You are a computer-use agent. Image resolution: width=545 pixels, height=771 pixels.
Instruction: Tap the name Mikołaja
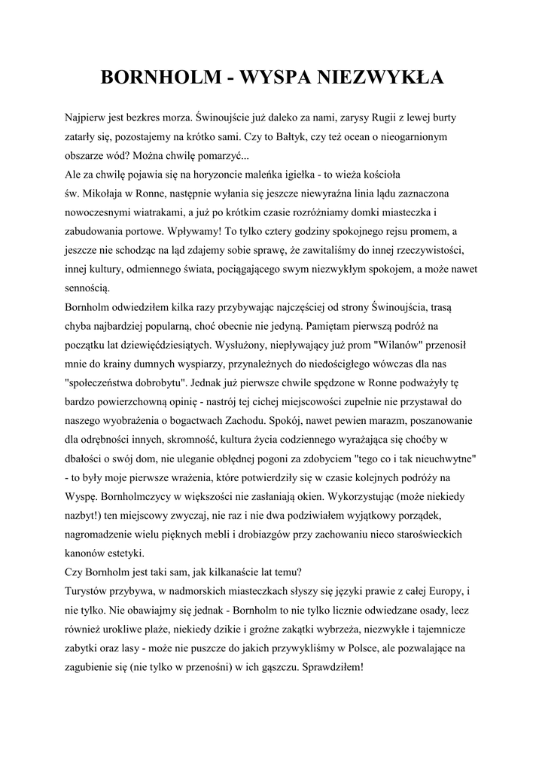point(103,193)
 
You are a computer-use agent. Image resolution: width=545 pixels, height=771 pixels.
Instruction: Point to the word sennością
point(88,287)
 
